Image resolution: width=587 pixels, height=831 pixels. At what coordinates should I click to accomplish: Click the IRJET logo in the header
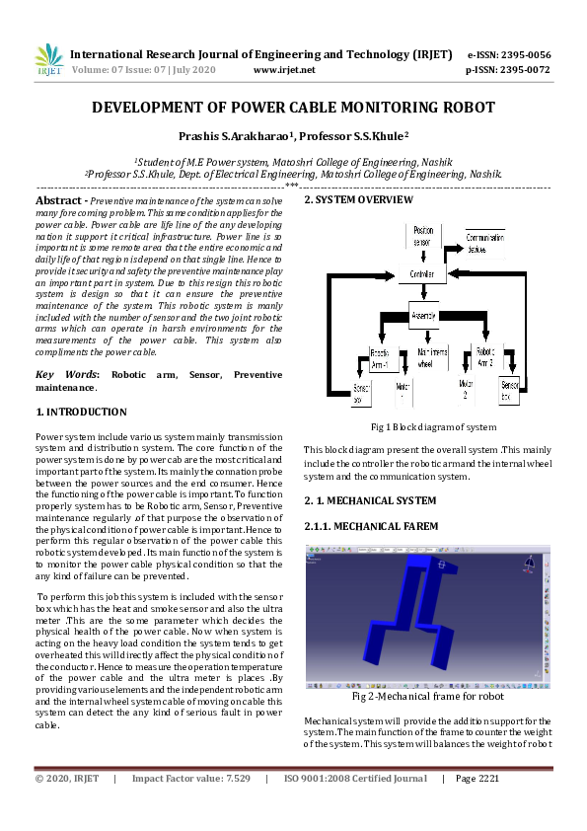(x=48, y=60)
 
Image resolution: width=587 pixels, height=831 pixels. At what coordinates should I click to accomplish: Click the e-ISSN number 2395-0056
(x=523, y=54)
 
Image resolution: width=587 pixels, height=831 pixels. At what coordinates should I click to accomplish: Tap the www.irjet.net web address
(x=284, y=70)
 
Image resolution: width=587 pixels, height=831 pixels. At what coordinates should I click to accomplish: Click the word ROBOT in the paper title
(x=459, y=108)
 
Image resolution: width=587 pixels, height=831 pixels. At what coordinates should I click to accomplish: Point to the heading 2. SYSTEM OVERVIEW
(x=358, y=200)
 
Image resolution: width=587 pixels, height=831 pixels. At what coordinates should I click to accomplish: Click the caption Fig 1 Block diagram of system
(x=433, y=427)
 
